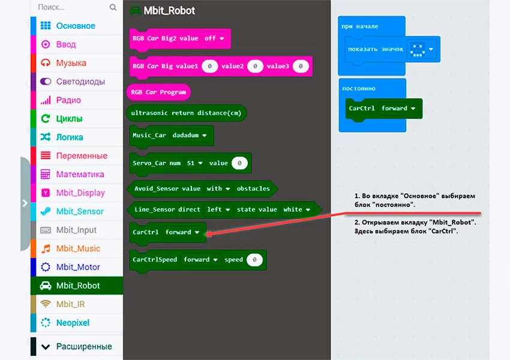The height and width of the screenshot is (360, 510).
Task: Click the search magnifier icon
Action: coord(113,8)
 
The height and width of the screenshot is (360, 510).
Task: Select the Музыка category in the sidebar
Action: coord(71,63)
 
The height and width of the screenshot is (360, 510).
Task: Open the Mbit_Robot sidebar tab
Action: coord(77,286)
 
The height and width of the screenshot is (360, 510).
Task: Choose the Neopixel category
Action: coord(72,323)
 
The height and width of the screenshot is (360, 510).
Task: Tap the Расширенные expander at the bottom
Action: coord(83,346)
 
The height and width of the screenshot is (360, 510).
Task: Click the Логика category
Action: coord(69,137)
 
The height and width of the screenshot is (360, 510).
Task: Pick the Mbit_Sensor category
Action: coord(79,211)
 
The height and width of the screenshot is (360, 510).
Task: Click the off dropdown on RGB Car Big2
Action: coord(214,38)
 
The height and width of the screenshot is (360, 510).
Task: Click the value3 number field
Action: coord(300,66)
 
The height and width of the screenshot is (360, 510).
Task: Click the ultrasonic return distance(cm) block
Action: coord(187,113)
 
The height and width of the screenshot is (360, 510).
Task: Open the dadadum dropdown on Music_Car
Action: coord(190,136)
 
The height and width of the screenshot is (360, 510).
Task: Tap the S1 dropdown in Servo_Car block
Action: coord(194,163)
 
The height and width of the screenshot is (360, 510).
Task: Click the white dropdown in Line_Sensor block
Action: coord(297,209)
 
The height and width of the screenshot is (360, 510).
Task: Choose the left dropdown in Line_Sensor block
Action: coord(218,209)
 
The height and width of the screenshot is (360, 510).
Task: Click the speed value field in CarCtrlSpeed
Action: coord(254,260)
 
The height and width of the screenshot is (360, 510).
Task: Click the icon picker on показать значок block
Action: coord(421,49)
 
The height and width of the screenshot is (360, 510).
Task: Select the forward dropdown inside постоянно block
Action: coord(398,109)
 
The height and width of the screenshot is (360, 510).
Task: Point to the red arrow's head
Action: coord(208,235)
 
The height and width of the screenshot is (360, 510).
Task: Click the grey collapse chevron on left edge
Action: coord(25,203)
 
